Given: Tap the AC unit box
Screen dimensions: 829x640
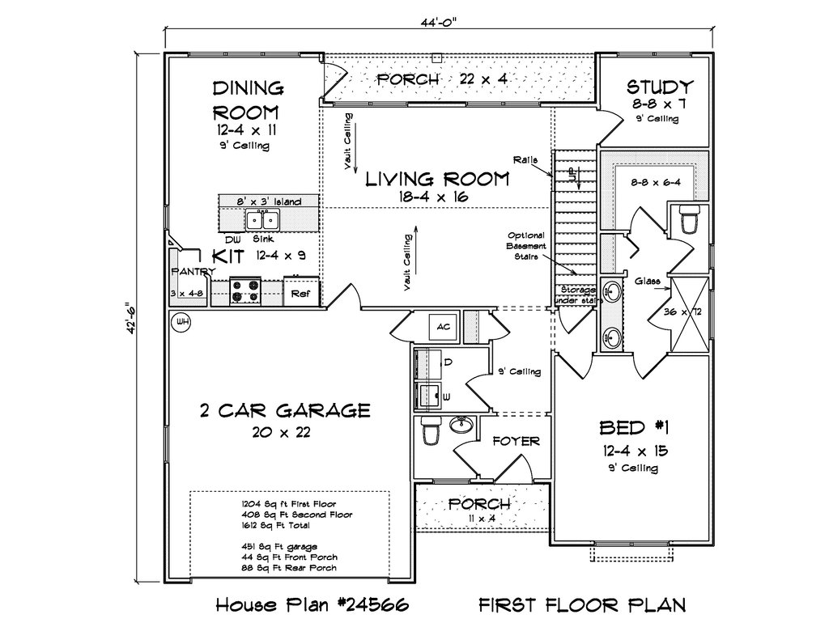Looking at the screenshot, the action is pos(443,327).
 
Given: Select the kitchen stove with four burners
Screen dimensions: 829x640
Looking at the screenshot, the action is pos(246,292).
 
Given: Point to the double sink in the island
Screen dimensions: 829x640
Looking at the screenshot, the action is pos(262,218).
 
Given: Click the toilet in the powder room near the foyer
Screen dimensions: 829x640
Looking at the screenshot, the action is pos(431,430).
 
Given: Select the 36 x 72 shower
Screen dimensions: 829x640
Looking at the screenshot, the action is pos(690,313).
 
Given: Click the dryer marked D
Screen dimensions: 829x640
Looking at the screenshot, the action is pos(429,363).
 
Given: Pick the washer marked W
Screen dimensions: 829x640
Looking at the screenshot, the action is pos(429,396).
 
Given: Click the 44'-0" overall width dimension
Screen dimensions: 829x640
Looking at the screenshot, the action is pos(439,22).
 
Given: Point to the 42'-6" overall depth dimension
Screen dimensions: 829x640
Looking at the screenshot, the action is pos(129,318).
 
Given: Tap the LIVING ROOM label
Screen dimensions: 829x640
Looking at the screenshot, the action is pos(437,179).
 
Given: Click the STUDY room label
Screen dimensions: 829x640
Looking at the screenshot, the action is pos(660,86).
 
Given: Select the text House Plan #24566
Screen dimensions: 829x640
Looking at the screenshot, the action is pos(312,604).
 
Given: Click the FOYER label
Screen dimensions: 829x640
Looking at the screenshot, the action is pos(516,441).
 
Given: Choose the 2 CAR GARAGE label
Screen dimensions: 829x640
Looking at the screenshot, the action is pos(285,410).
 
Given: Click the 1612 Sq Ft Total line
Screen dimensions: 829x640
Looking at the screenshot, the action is pos(276,525).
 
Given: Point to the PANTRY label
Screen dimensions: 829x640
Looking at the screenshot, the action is pos(193,272).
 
